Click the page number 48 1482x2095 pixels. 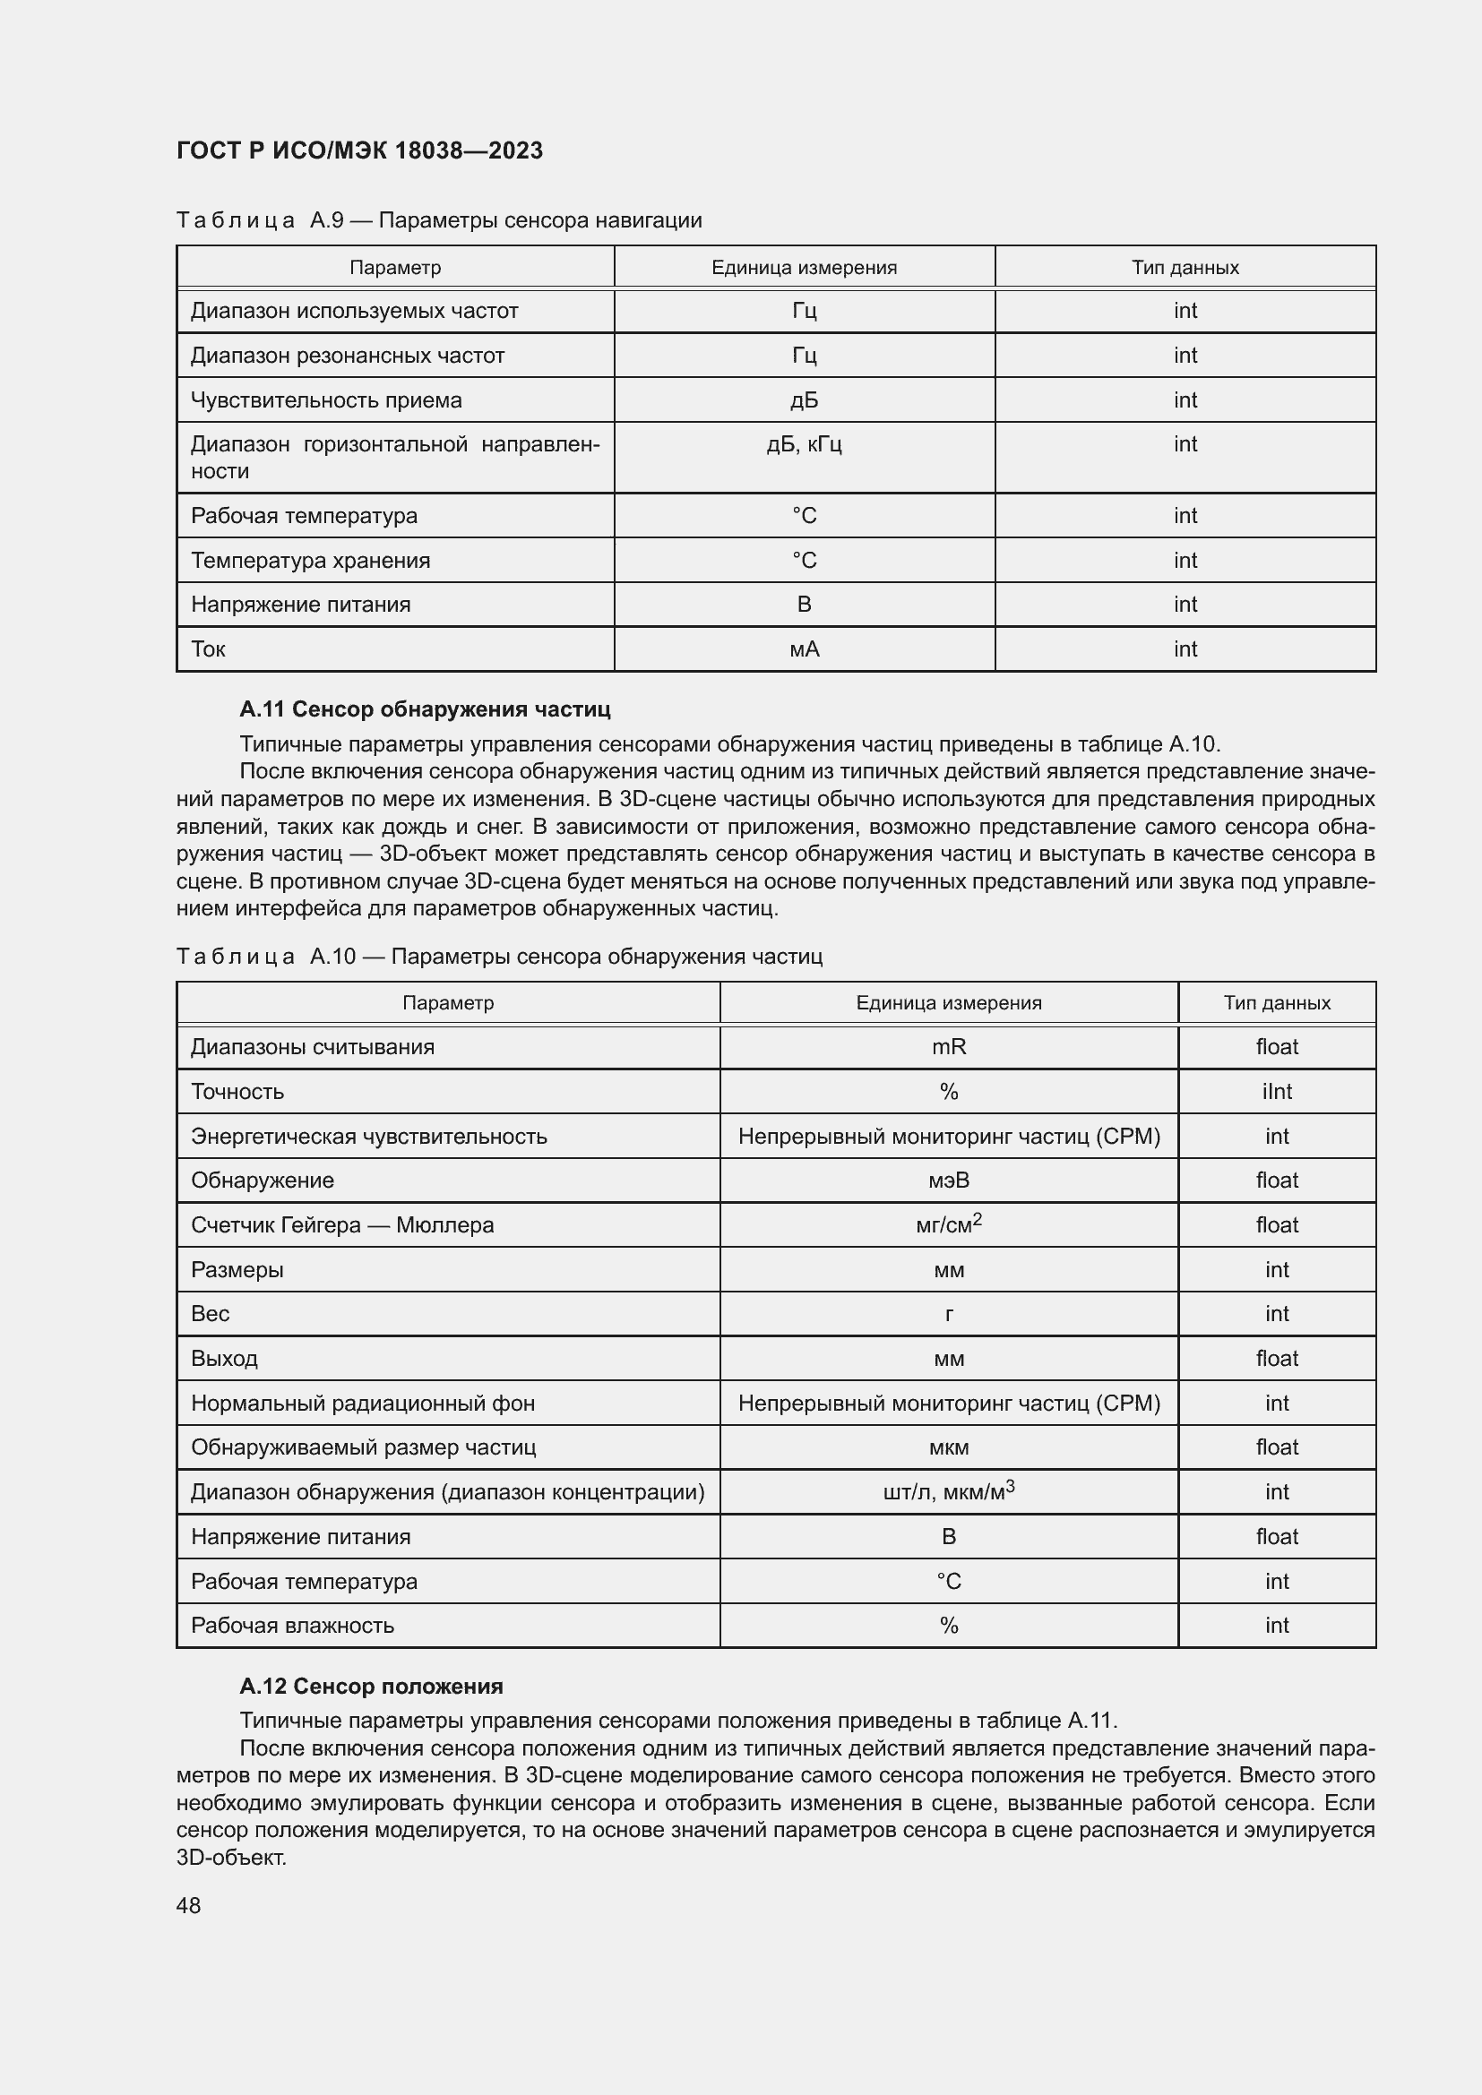(189, 1904)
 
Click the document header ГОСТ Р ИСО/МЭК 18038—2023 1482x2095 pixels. (359, 150)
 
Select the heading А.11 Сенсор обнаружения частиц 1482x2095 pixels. (426, 709)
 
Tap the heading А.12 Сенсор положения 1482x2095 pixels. (372, 1686)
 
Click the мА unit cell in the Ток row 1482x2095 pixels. (804, 648)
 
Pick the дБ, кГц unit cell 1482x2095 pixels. (804, 444)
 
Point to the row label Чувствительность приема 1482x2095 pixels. (326, 399)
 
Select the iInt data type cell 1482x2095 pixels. (1276, 1091)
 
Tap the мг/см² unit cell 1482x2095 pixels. (948, 1224)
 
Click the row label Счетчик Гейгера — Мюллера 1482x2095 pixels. (342, 1224)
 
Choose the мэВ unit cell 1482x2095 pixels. (948, 1180)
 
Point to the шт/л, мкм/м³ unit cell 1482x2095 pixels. (948, 1492)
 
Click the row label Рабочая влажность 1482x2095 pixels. (292, 1625)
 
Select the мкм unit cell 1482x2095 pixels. (948, 1447)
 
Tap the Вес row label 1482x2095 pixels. (210, 1313)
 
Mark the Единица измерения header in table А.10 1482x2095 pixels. (948, 1003)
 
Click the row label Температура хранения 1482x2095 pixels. (310, 560)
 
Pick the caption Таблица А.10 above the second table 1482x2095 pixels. (499, 957)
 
